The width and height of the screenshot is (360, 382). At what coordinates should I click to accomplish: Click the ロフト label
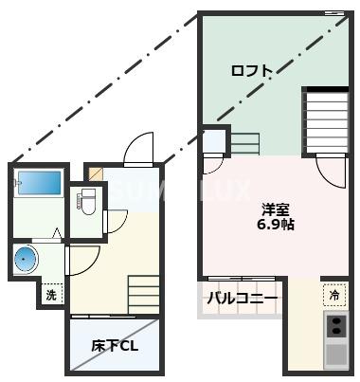[252, 71]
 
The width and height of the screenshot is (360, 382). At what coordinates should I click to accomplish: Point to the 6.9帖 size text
[275, 227]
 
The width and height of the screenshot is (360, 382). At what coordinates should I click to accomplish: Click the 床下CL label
[115, 345]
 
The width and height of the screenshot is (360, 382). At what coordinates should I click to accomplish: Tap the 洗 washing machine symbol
[51, 296]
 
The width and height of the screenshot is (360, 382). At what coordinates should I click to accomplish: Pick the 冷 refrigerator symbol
[334, 296]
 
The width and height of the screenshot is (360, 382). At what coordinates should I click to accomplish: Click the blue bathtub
[39, 185]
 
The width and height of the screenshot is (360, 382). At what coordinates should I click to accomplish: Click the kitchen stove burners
[336, 327]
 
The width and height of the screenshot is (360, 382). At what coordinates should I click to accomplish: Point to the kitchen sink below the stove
[336, 355]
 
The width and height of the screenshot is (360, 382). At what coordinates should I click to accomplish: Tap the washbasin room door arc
[83, 260]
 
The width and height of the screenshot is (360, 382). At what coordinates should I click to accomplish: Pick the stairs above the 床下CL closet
[145, 291]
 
